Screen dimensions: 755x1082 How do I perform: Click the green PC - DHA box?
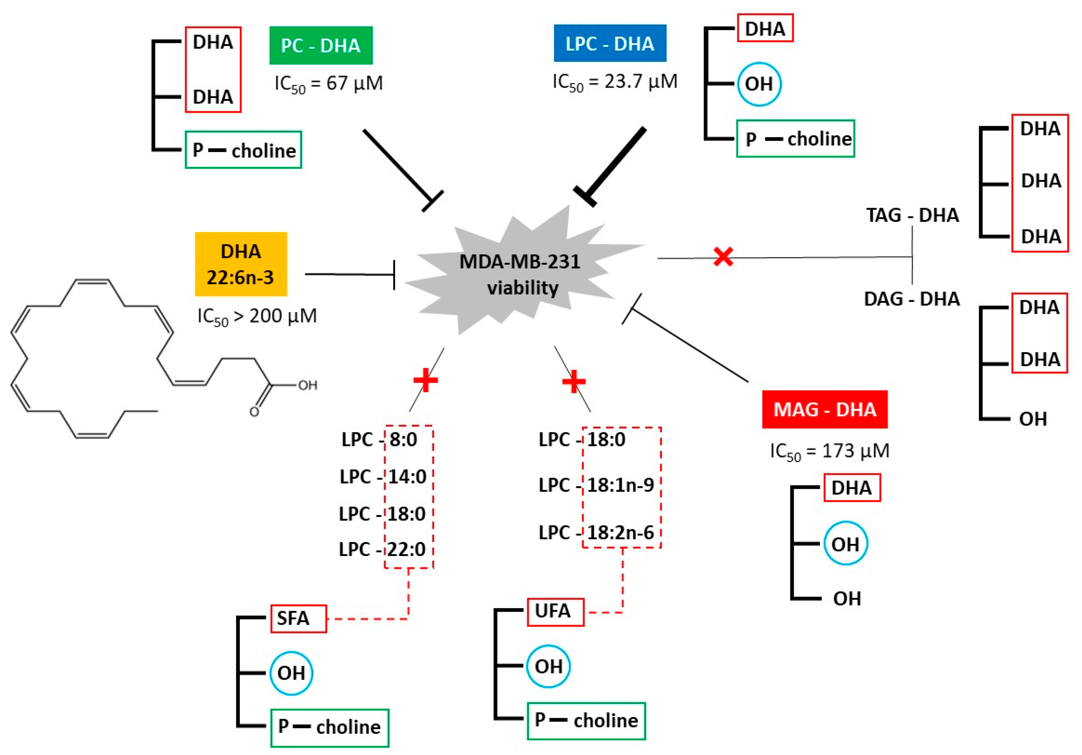pos(321,45)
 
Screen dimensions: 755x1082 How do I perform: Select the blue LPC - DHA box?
pos(610,43)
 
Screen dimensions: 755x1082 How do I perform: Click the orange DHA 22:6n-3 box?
pos(241,264)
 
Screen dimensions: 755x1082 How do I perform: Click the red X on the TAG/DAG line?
pos(723,257)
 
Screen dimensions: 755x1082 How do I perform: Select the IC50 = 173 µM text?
pos(830,451)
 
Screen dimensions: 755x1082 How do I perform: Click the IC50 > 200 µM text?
pos(257,316)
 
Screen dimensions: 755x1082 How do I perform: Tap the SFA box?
pos(298,618)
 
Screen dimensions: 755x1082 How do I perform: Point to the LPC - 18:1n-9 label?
pos(596,485)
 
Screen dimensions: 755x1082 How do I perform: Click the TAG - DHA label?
pos(912,215)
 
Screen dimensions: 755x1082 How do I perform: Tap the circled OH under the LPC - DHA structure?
pos(759,84)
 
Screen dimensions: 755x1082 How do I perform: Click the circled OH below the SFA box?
pos(291,673)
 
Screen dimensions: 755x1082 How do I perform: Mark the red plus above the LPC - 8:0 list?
pos(425,380)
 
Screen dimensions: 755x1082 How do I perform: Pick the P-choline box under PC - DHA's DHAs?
pos(243,150)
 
